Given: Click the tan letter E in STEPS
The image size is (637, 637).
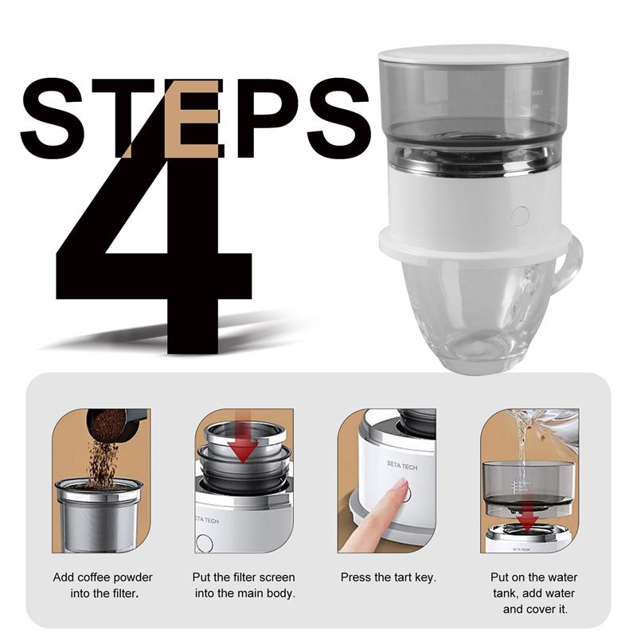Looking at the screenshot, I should coord(194,119).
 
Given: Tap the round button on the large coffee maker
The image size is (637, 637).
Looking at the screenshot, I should coord(520,215).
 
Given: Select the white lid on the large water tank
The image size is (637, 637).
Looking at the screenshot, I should coord(474,55).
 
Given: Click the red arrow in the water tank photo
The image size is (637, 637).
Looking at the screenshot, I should coord(526,519).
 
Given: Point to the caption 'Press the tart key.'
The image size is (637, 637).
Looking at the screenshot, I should coord(388,577).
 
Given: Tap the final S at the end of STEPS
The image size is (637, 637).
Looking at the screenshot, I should coord(338,119).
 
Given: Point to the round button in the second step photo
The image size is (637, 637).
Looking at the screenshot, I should coord(205,544).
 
